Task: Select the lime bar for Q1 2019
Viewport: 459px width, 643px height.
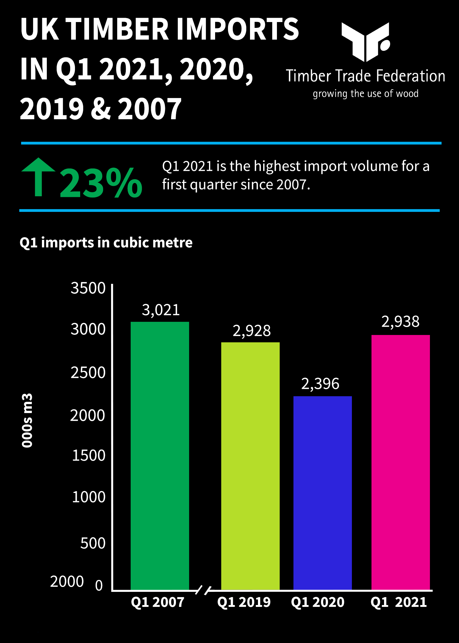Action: tap(250, 466)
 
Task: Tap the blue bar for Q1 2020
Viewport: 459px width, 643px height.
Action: tap(323, 493)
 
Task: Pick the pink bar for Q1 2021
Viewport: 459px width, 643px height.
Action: tap(401, 462)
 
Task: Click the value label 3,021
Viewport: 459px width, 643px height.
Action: tap(161, 310)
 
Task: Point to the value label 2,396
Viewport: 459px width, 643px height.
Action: tap(320, 384)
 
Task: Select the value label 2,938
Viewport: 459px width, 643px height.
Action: tap(400, 321)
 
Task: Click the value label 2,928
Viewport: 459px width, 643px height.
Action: tap(252, 331)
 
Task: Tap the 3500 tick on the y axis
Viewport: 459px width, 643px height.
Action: tap(88, 288)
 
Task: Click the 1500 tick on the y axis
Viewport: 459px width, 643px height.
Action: tap(88, 455)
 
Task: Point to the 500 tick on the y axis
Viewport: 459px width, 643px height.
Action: tap(93, 543)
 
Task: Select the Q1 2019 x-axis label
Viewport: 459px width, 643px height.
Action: tap(244, 602)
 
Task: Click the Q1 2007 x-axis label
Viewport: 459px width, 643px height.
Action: tap(158, 602)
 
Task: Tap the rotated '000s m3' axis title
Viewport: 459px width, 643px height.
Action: tap(27, 420)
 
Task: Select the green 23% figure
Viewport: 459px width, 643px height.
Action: tap(101, 183)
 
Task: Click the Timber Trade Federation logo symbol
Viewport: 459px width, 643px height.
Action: tap(366, 42)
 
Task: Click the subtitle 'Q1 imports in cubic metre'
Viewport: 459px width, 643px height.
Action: tap(106, 243)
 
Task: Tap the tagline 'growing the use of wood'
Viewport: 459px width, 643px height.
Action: tap(365, 94)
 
